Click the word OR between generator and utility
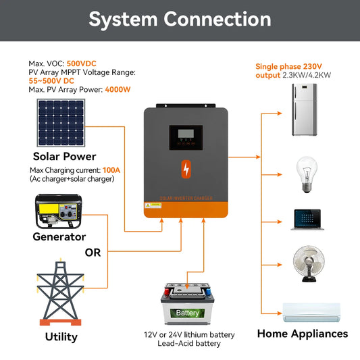click(x=93, y=253)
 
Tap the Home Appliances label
click(x=303, y=334)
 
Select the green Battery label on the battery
click(x=187, y=313)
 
